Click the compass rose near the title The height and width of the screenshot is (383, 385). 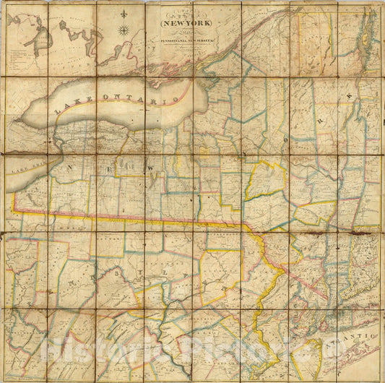[124, 30]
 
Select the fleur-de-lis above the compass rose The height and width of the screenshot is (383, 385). [124, 14]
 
